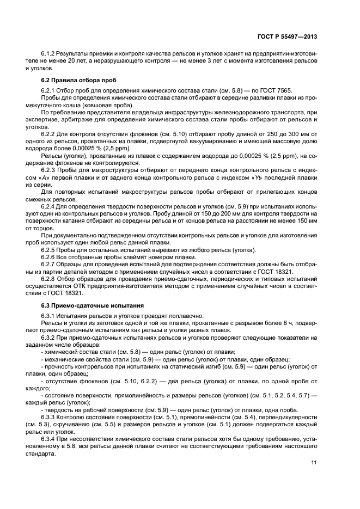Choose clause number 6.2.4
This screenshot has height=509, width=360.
(x=48, y=205)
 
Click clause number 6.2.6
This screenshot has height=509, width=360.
(x=48, y=257)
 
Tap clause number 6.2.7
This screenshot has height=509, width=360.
(x=48, y=265)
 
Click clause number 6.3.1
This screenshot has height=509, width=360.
(x=48, y=316)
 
